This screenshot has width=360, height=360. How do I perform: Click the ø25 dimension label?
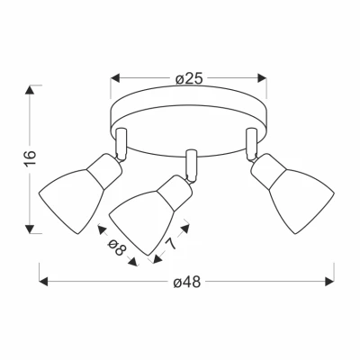[x=189, y=79]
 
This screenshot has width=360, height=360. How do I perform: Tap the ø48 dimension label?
[x=187, y=283]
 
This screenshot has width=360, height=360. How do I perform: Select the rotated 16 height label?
[x=31, y=157]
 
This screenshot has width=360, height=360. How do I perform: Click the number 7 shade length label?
[x=171, y=243]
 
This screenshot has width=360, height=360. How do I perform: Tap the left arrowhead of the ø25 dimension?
[x=115, y=78]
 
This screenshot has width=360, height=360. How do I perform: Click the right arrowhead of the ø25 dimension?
[x=262, y=78]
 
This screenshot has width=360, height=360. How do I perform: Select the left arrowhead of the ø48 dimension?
[x=43, y=282]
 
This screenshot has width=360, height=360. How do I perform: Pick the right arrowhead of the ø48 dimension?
[x=329, y=282]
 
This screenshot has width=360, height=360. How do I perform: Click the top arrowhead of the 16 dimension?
[x=30, y=90]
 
